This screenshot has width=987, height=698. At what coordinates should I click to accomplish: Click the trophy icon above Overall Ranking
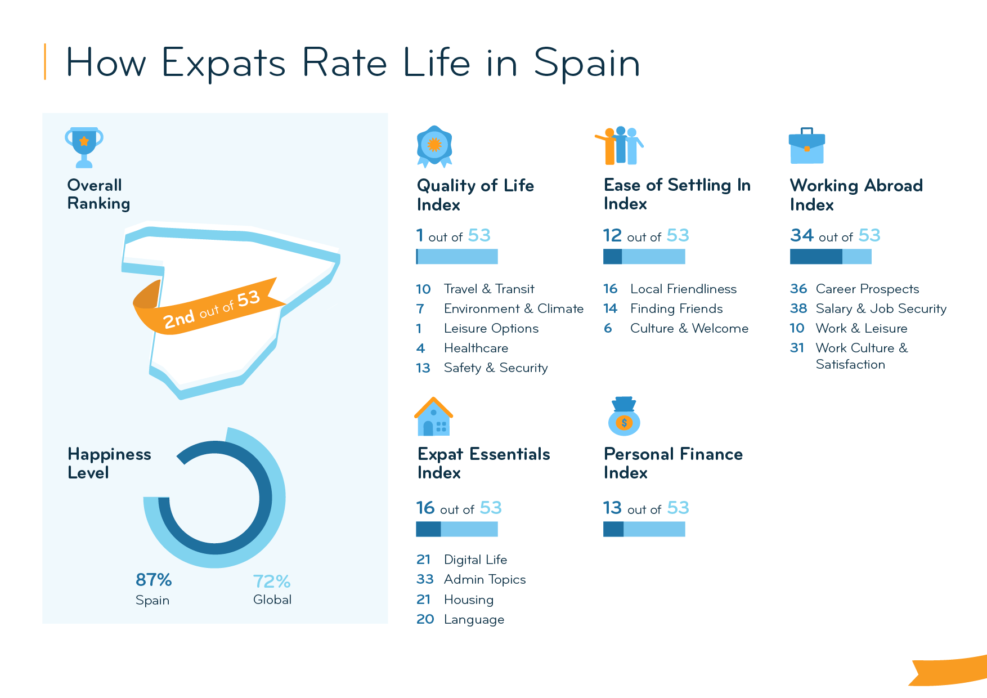pyautogui.click(x=84, y=147)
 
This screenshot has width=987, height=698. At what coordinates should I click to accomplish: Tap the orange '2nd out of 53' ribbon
pyautogui.click(x=211, y=309)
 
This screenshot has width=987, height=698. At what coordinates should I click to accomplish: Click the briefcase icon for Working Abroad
pyautogui.click(x=806, y=146)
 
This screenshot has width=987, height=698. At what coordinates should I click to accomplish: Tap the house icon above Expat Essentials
pyautogui.click(x=433, y=417)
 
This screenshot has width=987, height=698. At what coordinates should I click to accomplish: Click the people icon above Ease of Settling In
pyautogui.click(x=620, y=146)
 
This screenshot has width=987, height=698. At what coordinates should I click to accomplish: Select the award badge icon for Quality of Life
pyautogui.click(x=434, y=146)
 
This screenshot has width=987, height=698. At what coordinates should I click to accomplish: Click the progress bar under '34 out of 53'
pyautogui.click(x=831, y=257)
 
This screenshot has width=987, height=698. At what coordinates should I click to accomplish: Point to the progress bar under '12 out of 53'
pyautogui.click(x=644, y=257)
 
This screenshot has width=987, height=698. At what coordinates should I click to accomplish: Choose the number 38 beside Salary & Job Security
pyautogui.click(x=798, y=308)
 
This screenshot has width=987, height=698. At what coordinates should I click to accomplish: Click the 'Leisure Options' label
pyautogui.click(x=491, y=328)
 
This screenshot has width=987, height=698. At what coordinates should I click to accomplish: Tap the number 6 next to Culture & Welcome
pyautogui.click(x=608, y=328)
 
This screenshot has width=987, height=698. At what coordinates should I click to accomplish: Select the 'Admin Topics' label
pyautogui.click(x=484, y=579)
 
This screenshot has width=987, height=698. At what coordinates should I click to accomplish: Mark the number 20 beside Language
pyautogui.click(x=425, y=619)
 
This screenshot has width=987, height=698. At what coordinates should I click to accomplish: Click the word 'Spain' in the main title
pyautogui.click(x=586, y=63)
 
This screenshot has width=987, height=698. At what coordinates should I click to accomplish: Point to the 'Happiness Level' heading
pyautogui.click(x=109, y=463)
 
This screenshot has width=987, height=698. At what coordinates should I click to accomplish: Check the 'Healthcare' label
pyautogui.click(x=475, y=348)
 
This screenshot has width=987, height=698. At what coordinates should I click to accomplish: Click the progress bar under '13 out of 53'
pyautogui.click(x=644, y=529)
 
